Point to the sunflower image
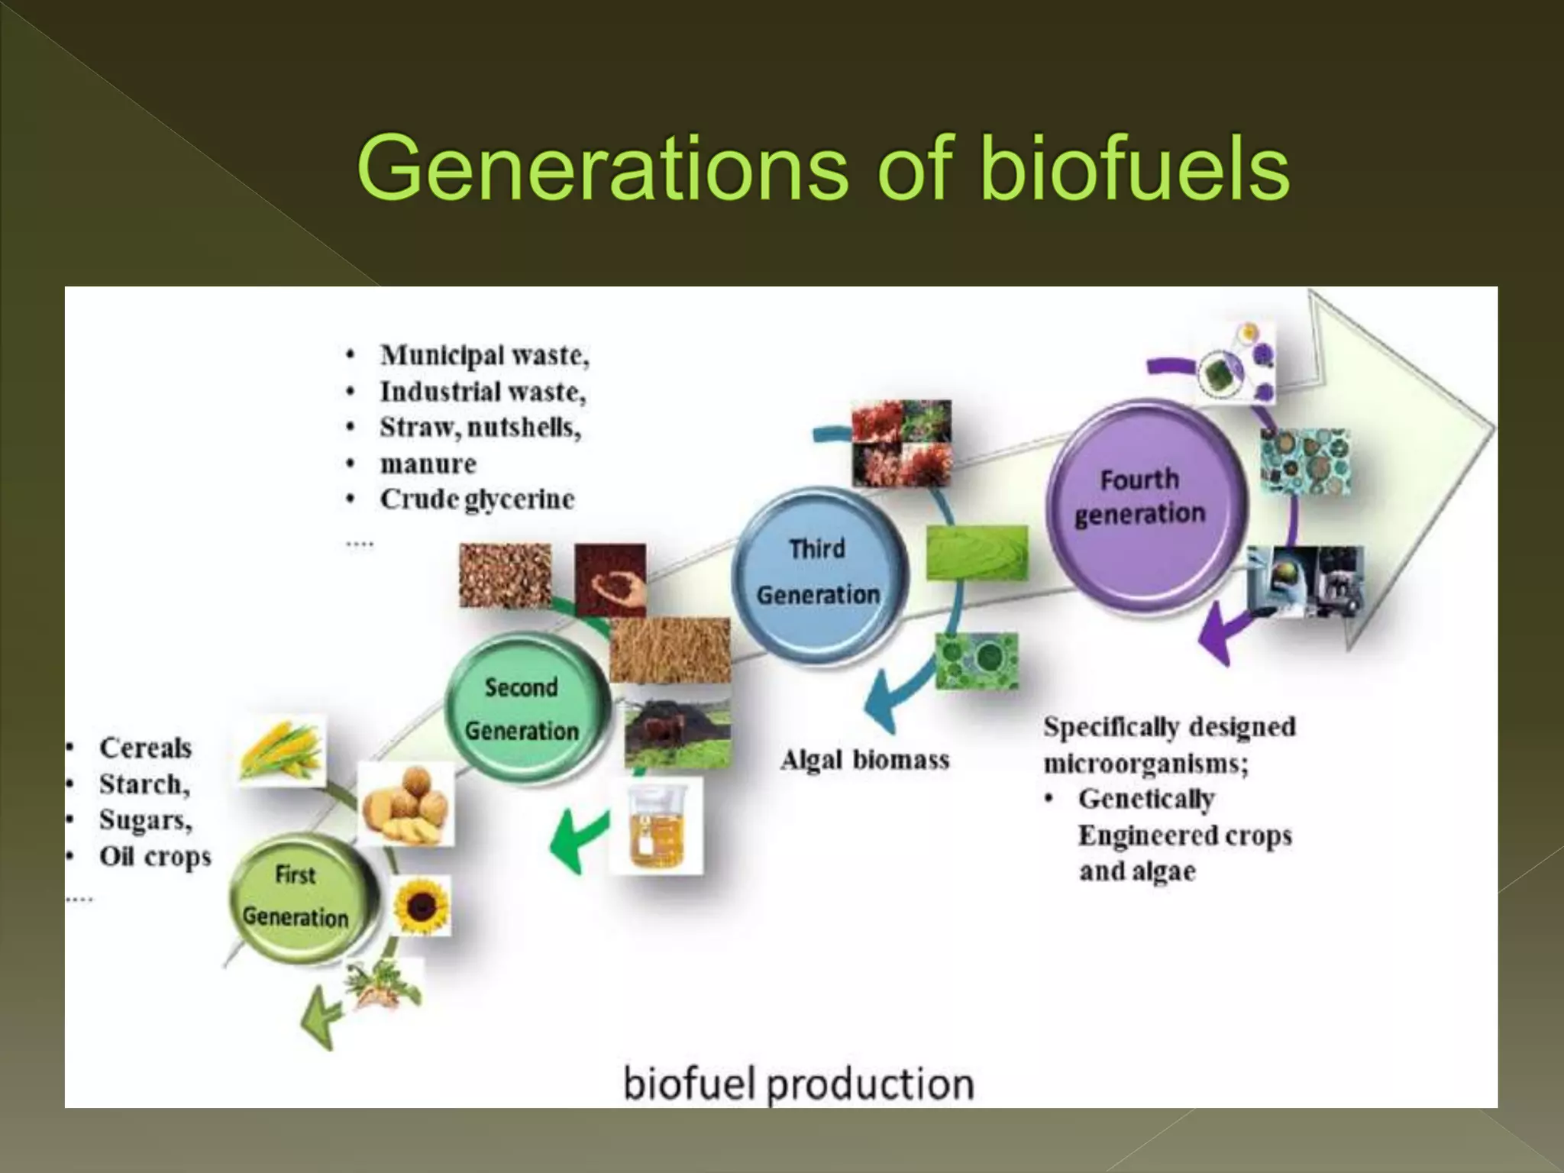[422, 906]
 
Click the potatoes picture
[406, 803]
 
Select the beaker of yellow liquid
[655, 826]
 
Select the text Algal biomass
[864, 760]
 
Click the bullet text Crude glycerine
[477, 499]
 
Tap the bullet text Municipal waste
[484, 356]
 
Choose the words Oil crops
[154, 856]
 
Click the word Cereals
[145, 748]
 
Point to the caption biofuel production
[798, 1083]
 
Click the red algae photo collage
[902, 444]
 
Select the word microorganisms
[1146, 763]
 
